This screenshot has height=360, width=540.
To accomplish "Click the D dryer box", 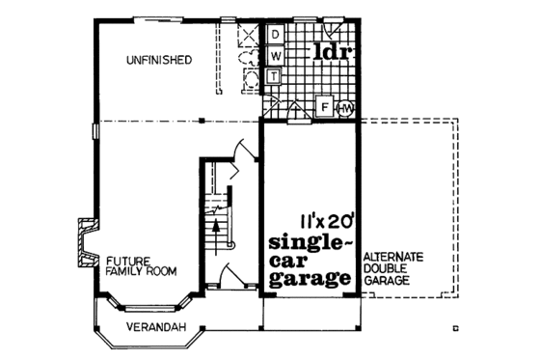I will pyautogui.click(x=274, y=35).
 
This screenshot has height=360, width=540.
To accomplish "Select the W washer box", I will pyautogui.click(x=274, y=55).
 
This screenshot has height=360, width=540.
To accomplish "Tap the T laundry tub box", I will pyautogui.click(x=274, y=75).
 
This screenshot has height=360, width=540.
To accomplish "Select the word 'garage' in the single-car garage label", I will pyautogui.click(x=310, y=280).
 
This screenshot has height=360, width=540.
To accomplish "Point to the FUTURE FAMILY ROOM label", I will pyautogui.click(x=141, y=266).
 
